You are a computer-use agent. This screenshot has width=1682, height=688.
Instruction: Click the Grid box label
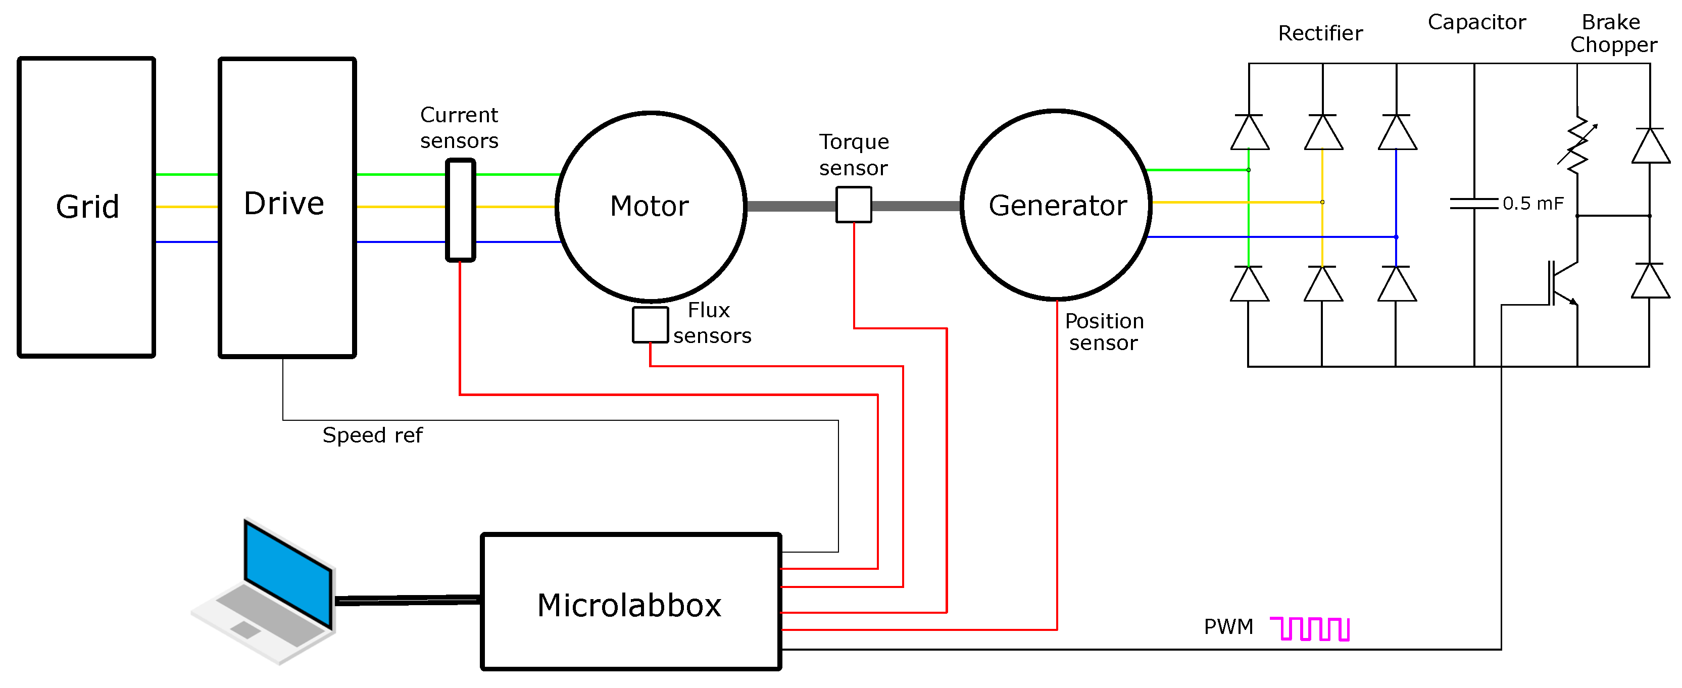[87, 207]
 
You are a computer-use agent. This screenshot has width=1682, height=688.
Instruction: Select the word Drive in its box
[284, 204]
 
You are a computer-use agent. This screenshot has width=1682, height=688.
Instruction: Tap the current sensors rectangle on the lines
[460, 210]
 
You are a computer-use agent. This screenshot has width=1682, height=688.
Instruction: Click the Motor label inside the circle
[649, 206]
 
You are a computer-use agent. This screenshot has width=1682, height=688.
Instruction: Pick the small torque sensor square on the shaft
[854, 204]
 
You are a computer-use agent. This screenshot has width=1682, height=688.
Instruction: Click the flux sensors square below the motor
[650, 324]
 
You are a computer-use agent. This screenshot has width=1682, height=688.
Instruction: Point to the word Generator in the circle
[1057, 206]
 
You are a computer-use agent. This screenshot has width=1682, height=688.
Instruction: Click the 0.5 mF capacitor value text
[1532, 204]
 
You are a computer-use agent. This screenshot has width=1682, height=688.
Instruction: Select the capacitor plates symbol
[1474, 204]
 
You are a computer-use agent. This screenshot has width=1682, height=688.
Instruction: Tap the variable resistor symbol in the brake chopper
[1577, 145]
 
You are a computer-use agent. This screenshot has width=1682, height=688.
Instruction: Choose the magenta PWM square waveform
[1310, 628]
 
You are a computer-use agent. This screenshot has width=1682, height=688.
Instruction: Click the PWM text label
[1228, 627]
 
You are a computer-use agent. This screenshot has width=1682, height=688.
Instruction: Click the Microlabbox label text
[629, 605]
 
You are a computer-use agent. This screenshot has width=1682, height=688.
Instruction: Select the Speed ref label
[372, 435]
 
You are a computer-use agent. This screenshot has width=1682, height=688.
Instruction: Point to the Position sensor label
[1104, 331]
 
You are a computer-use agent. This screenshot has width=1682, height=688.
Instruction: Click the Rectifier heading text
[1320, 33]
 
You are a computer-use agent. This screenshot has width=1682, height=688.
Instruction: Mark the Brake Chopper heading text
[1612, 33]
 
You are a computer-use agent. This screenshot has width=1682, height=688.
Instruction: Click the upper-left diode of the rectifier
[1249, 133]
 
